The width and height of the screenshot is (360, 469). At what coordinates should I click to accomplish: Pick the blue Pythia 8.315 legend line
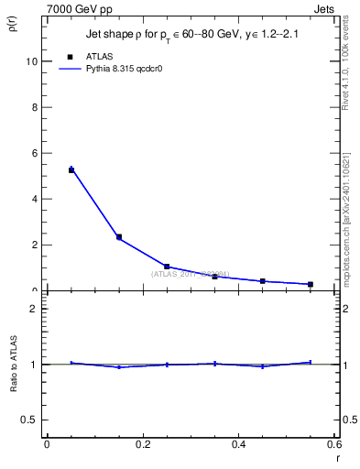click(x=71, y=69)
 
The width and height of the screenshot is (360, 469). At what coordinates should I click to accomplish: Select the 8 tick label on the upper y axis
click(x=33, y=107)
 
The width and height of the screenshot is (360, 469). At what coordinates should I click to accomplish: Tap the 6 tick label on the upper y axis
click(x=33, y=153)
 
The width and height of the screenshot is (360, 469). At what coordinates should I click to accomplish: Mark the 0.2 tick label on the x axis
click(x=142, y=444)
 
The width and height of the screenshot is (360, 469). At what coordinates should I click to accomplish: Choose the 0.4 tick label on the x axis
click(x=238, y=444)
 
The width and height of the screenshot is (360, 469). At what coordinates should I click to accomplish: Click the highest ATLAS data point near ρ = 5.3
click(x=71, y=169)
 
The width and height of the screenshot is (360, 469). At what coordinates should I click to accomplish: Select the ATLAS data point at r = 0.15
click(x=119, y=237)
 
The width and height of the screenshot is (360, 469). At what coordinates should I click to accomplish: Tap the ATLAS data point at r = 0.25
click(x=167, y=267)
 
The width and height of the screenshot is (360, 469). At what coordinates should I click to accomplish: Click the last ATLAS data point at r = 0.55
click(x=311, y=284)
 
